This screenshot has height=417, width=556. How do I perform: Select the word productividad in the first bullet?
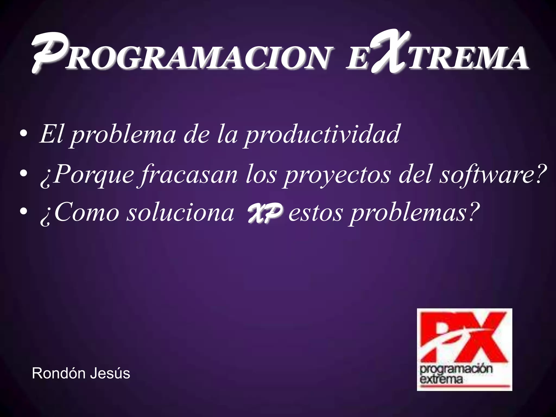(x=322, y=134)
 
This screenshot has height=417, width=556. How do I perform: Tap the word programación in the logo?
(x=456, y=369)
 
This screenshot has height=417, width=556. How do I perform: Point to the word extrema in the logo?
(x=441, y=379)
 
